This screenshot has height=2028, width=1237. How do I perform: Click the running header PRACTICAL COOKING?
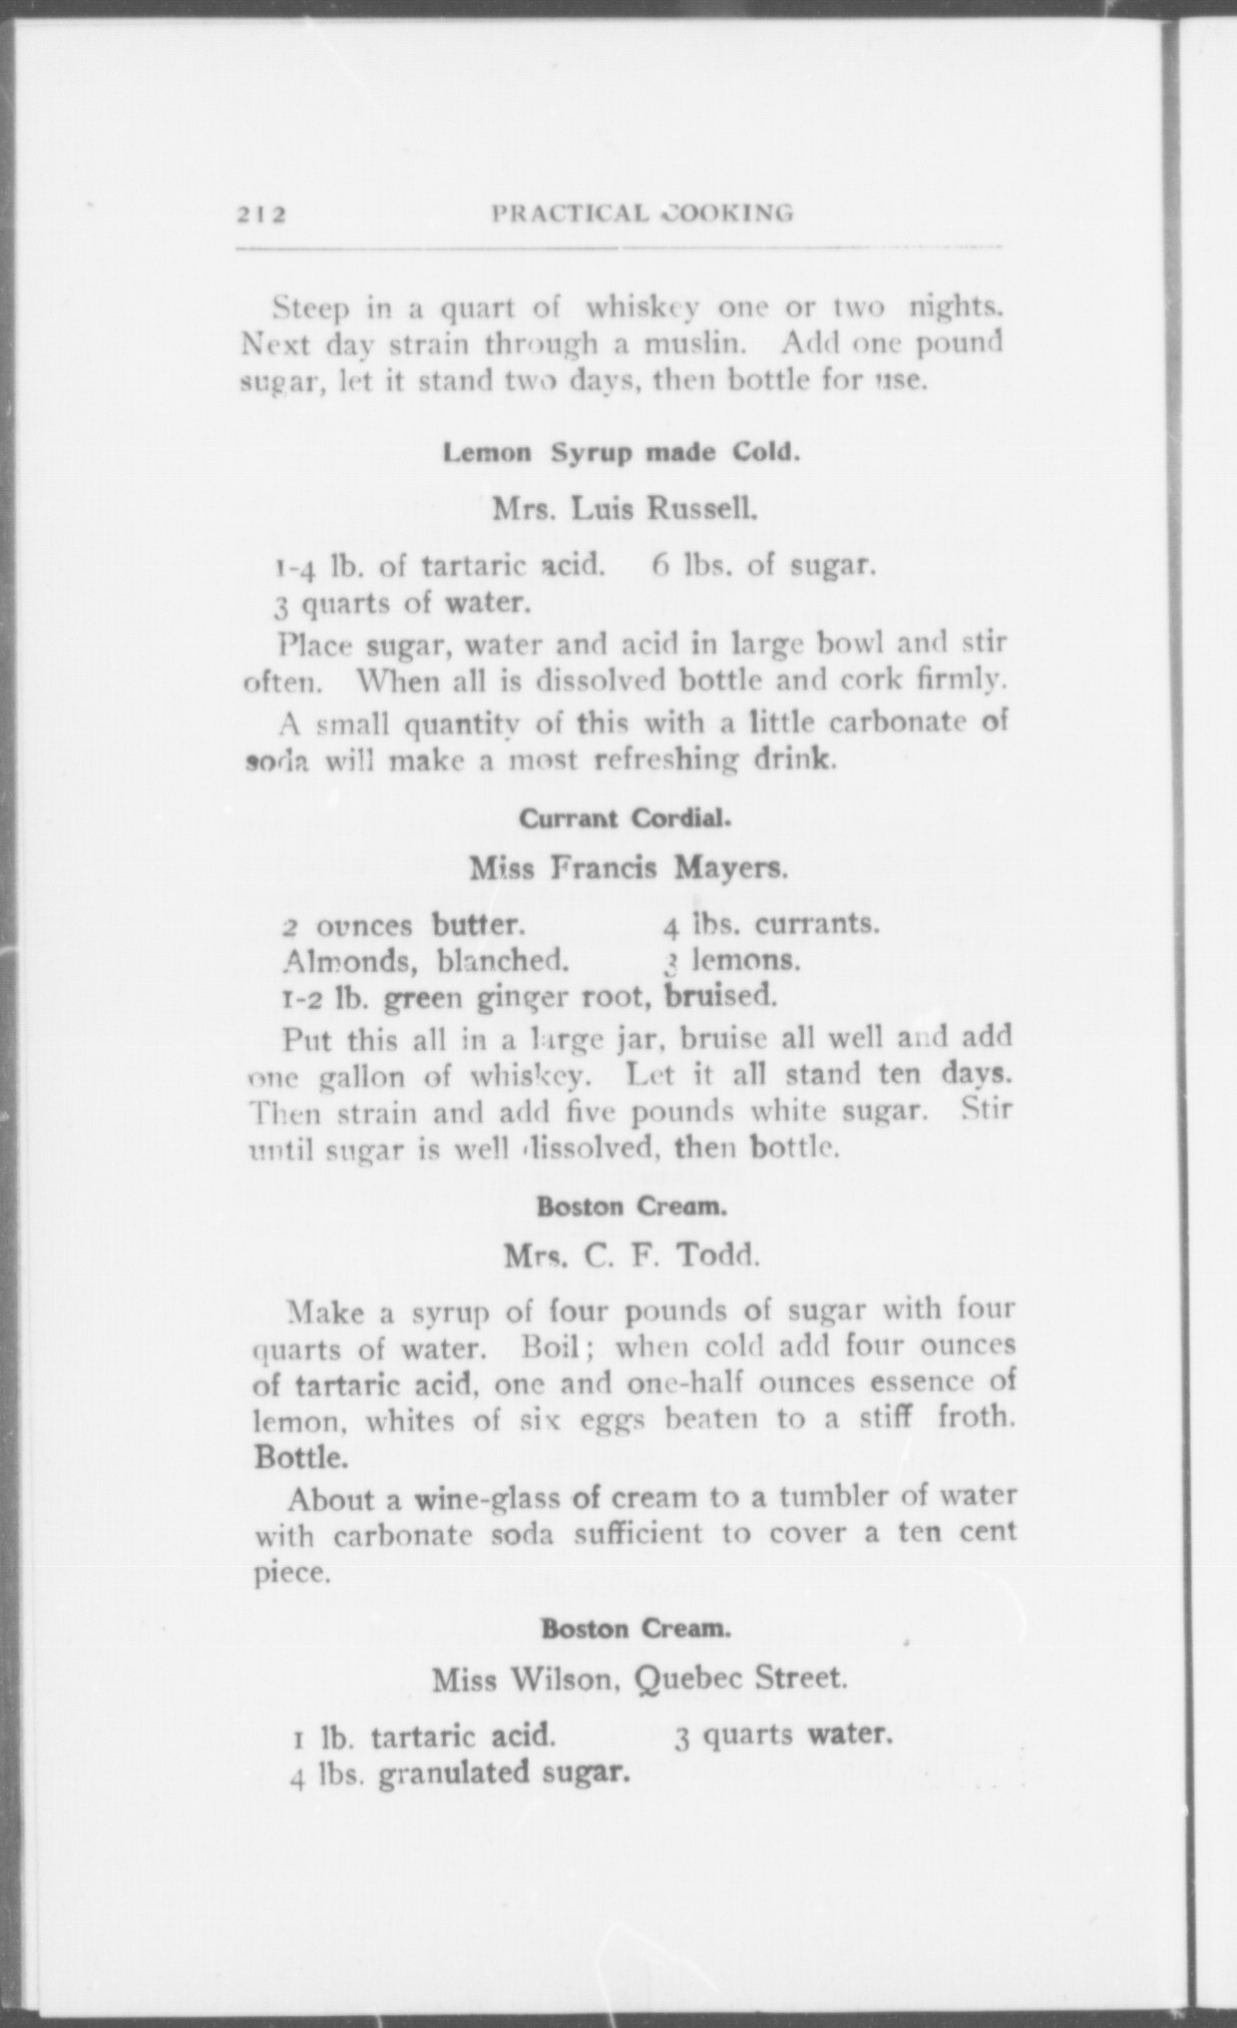(642, 213)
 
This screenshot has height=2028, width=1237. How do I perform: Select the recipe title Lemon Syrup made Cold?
(621, 453)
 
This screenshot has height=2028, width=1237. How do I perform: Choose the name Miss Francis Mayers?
(628, 867)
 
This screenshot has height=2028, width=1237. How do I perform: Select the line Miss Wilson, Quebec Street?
(639, 1680)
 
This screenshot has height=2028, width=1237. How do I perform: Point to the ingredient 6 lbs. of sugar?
(764, 566)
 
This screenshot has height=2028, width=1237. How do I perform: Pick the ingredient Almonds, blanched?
(426, 962)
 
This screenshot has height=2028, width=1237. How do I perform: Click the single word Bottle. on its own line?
(301, 1457)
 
